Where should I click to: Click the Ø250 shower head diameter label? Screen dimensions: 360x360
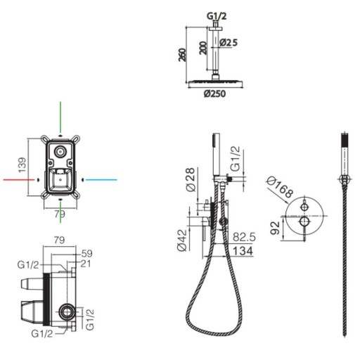[214, 94]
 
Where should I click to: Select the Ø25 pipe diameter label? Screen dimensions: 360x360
[229, 42]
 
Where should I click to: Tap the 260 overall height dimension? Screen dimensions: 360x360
[182, 55]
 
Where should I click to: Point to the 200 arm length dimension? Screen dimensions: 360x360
[203, 48]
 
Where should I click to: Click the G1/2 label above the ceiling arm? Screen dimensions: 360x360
[217, 16]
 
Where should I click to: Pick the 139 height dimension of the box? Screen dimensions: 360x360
[22, 165]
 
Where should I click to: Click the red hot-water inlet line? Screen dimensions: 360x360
[19, 180]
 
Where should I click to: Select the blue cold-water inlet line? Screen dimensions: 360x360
[101, 180]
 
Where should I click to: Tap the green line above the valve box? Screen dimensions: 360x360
[60, 117]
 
